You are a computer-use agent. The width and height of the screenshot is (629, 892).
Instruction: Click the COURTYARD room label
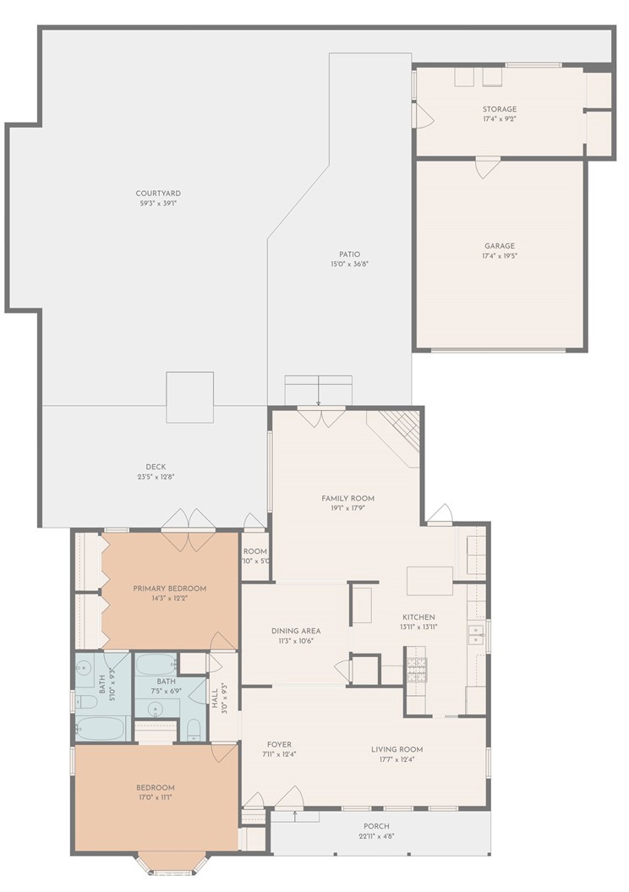coord(158,194)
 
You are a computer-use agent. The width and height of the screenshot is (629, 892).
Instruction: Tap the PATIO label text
coord(349,254)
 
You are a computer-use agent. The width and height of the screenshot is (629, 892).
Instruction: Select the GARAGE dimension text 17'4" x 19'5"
coord(499,256)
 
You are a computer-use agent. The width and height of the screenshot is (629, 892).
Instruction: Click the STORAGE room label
coord(500,109)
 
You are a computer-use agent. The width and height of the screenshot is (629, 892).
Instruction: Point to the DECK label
coord(156,467)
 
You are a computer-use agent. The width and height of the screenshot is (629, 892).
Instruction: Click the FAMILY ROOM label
coord(347,498)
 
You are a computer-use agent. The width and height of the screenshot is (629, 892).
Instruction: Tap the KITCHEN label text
coord(418,617)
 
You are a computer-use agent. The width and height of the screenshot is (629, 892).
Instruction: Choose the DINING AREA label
coord(296,631)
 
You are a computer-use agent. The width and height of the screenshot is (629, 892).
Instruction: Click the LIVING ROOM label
coord(397,749)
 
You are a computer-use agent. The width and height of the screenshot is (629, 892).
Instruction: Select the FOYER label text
coord(278,745)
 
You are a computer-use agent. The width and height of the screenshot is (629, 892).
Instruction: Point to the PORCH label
coord(376,826)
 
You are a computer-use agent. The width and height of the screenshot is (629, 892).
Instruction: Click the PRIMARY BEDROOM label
coord(169,588)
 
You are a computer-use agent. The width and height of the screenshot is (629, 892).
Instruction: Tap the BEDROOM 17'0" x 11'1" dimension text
coord(156,797)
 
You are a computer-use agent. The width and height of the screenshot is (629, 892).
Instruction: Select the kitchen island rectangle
coord(429,581)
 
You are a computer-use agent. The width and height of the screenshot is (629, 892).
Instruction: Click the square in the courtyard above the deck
coord(190,397)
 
